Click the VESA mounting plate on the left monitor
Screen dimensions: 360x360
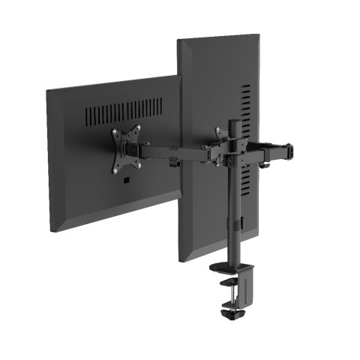pos(126,148)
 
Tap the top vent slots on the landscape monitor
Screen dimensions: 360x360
pos(124,112)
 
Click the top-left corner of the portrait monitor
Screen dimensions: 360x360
pos(178,40)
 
